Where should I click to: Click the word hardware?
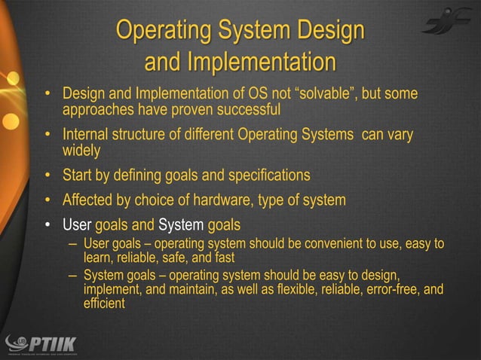click(223, 200)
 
